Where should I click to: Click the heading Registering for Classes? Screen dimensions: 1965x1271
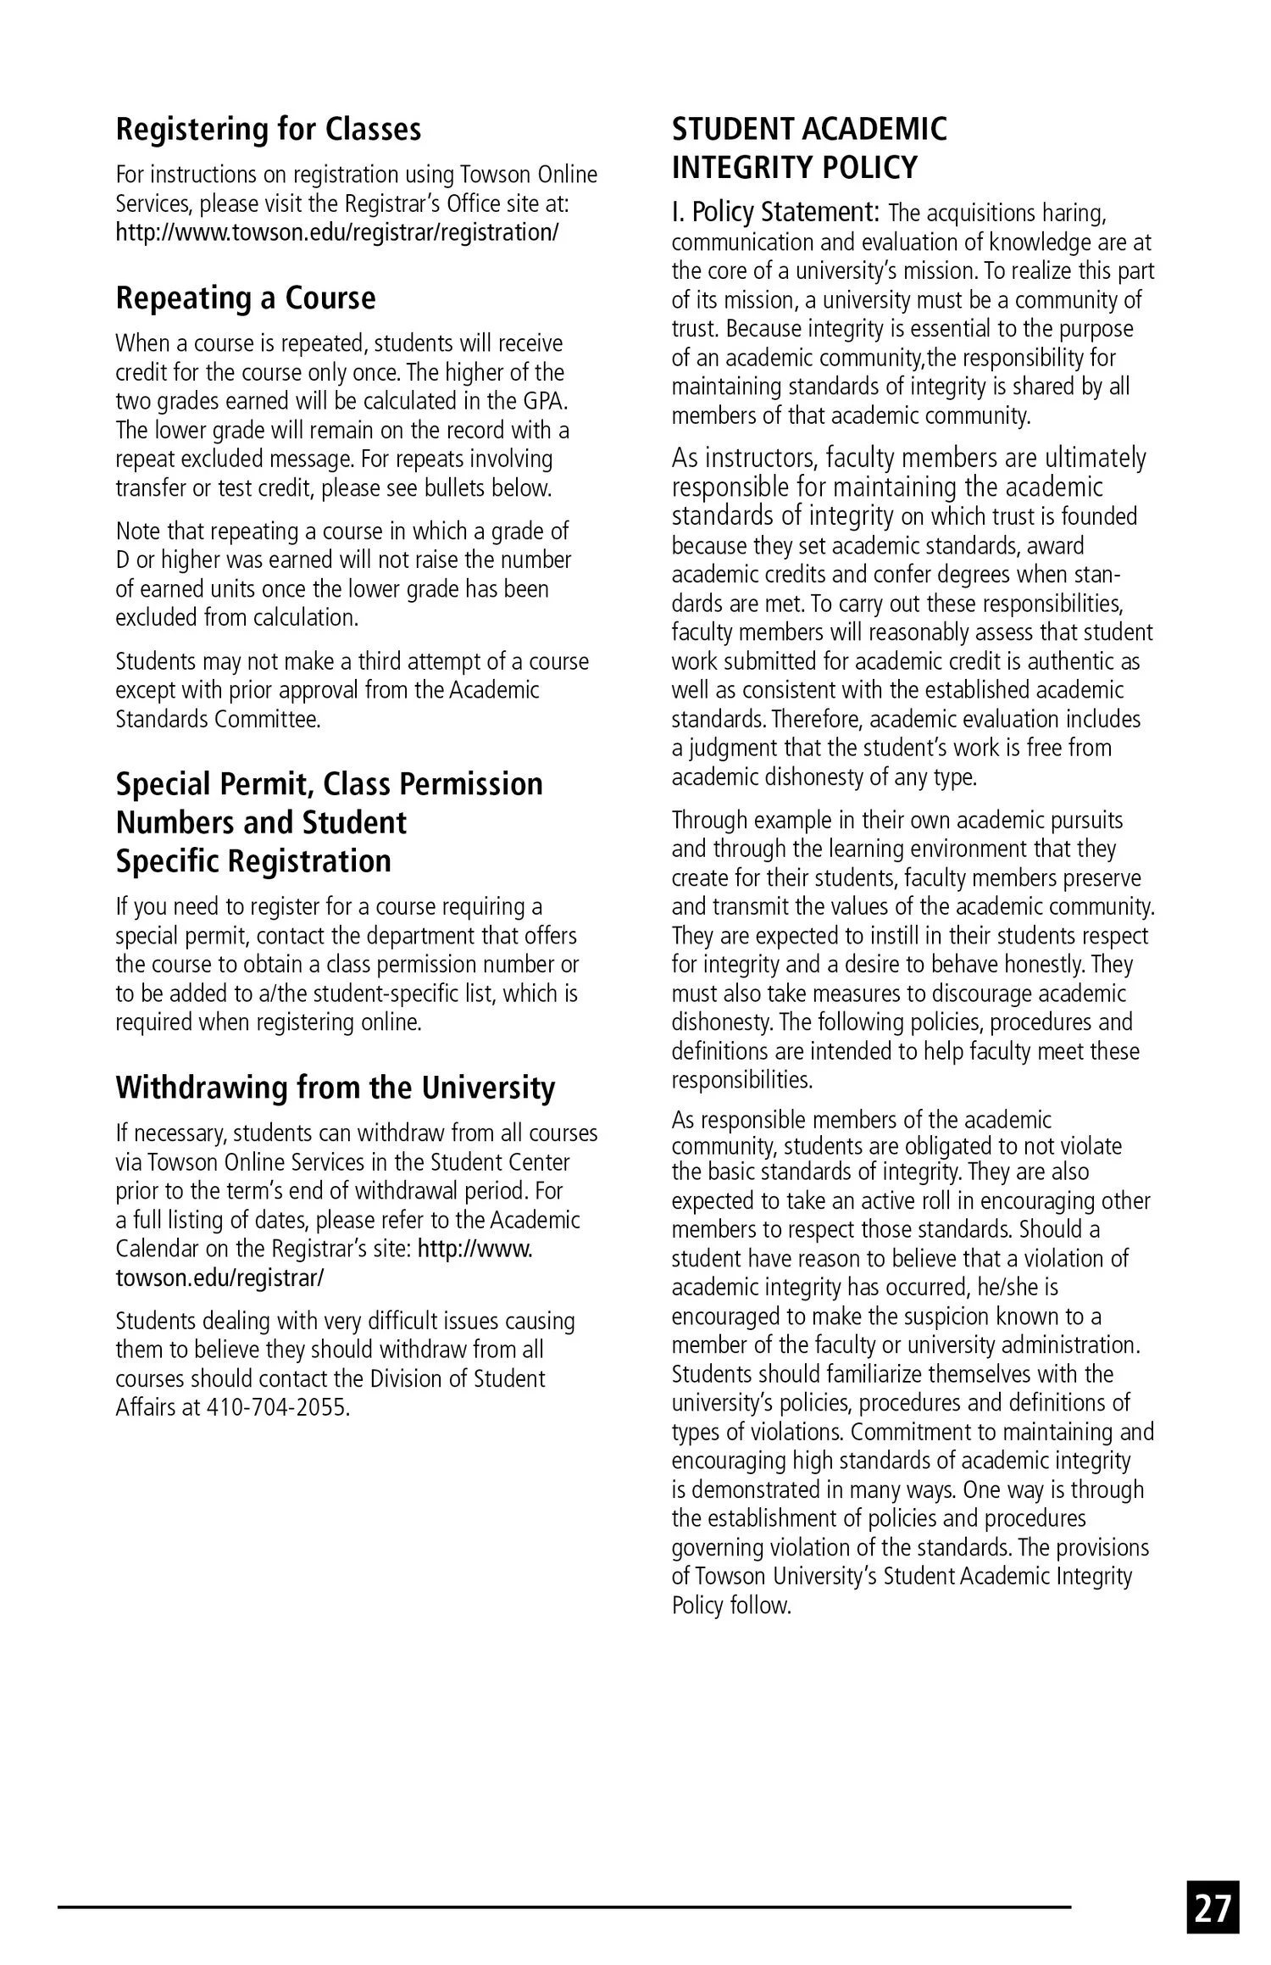268,129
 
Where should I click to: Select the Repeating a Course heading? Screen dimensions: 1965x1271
245,298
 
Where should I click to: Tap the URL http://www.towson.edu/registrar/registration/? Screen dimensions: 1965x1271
336,232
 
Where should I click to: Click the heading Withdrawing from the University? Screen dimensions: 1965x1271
336,1088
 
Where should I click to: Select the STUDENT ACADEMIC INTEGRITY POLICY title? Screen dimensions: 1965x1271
808,148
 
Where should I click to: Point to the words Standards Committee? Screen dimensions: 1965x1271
218,720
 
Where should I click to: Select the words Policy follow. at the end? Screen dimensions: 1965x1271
730,1606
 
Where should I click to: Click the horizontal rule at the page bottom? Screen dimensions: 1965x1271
563,1907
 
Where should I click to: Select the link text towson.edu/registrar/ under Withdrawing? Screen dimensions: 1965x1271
219,1278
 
